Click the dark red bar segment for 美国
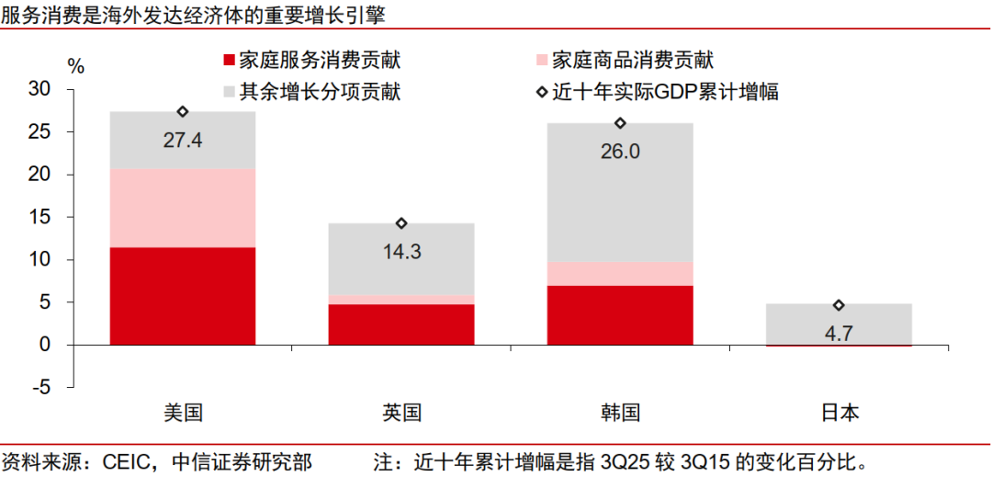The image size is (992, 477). point(182,296)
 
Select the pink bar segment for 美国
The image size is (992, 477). point(182,208)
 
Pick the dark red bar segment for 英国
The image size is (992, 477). point(401,324)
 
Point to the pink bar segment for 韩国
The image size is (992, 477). point(620,274)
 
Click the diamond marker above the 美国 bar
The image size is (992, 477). point(183,111)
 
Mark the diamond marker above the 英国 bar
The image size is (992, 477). point(401,223)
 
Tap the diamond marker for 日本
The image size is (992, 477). point(839,305)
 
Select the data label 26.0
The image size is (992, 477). point(620,151)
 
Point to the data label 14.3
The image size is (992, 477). point(401,251)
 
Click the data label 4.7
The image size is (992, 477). point(839,333)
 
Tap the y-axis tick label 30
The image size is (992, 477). point(39,89)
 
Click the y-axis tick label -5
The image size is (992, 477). point(41,387)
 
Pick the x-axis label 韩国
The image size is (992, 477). point(620,413)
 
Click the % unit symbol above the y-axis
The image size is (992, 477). point(76,66)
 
